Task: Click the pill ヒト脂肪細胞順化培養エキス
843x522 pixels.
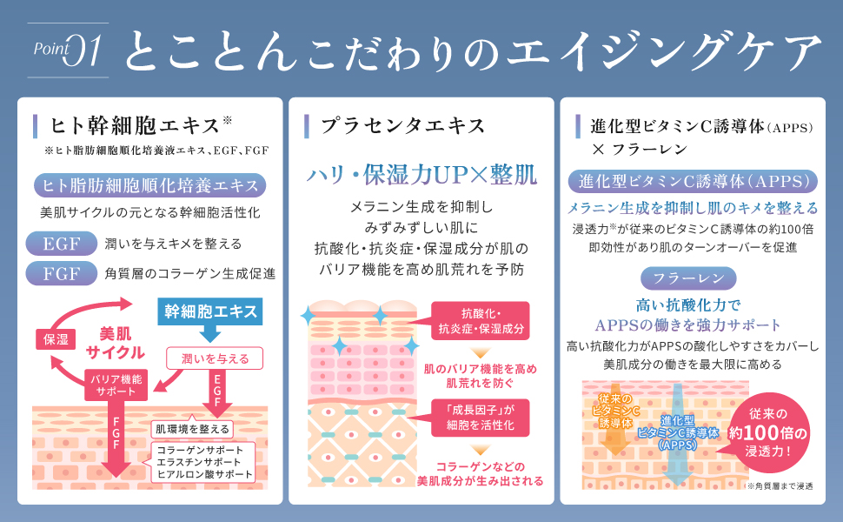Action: point(149,185)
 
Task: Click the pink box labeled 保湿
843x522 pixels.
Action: point(56,339)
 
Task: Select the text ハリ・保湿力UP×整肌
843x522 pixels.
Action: point(421,173)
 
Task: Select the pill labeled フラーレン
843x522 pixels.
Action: point(688,278)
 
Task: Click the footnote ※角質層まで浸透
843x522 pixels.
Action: point(779,486)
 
